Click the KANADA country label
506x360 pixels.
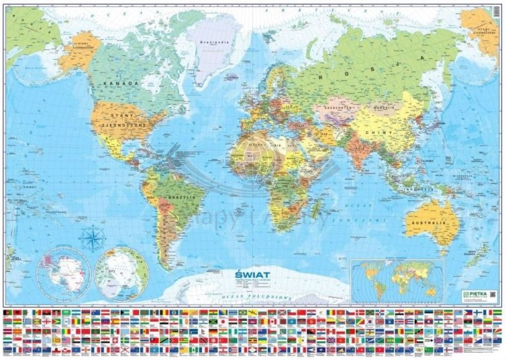click(x=122, y=83)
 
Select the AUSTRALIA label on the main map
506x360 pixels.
click(x=428, y=222)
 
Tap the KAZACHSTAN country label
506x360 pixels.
click(x=339, y=109)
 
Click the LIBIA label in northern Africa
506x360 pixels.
click(x=276, y=145)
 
